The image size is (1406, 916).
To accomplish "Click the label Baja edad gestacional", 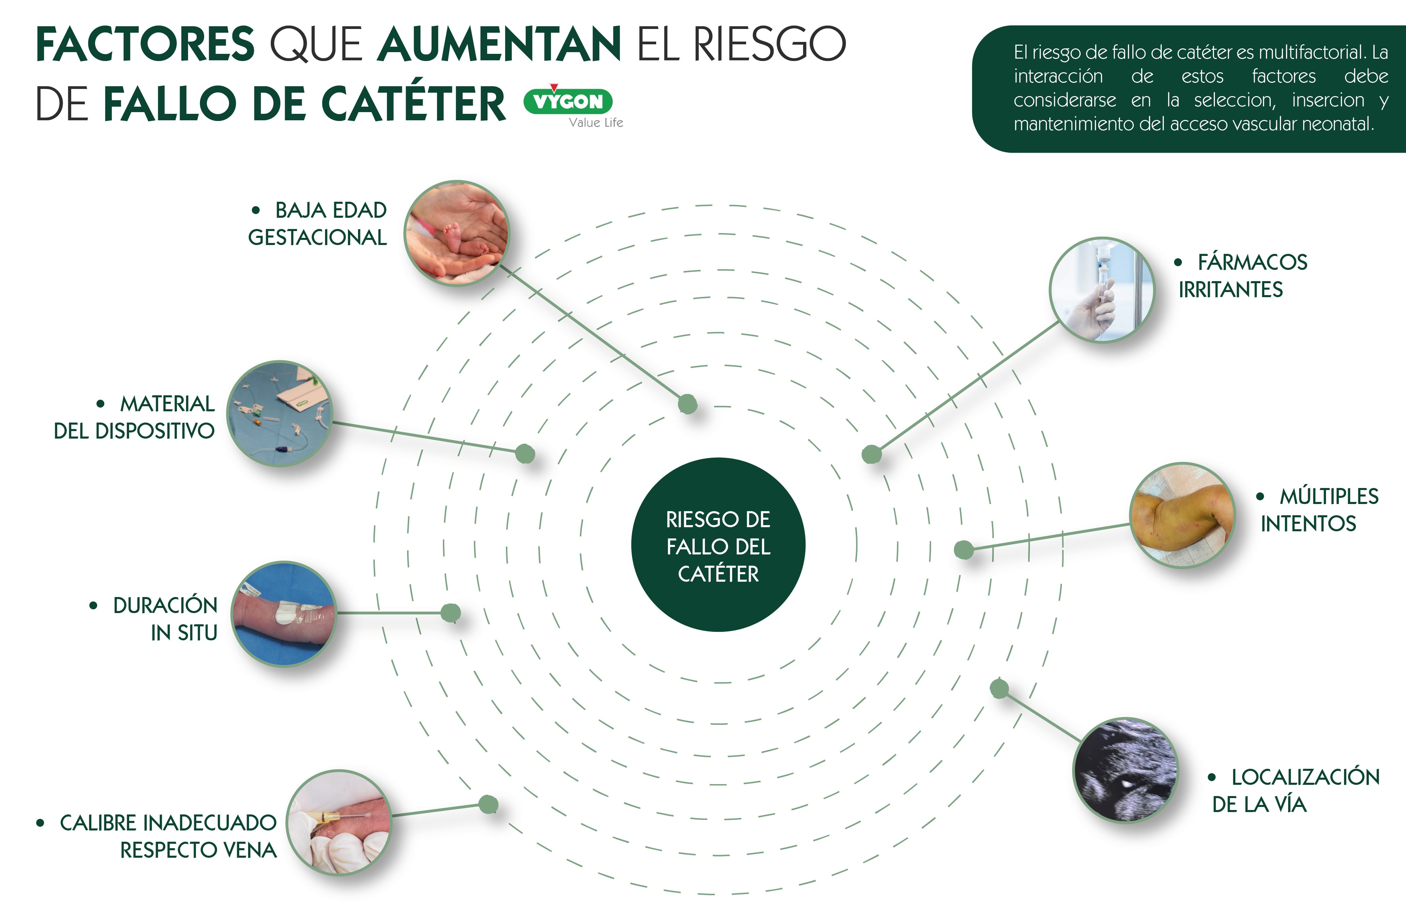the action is click(x=318, y=224).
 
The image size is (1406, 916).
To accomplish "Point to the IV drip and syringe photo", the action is click(x=1102, y=290).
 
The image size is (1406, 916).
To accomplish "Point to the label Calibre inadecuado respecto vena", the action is click(x=157, y=836).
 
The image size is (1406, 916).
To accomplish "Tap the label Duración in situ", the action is click(x=154, y=619).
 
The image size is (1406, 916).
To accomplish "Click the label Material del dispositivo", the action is click(x=134, y=417).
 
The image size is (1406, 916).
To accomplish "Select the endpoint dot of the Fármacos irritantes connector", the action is click(x=871, y=455).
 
